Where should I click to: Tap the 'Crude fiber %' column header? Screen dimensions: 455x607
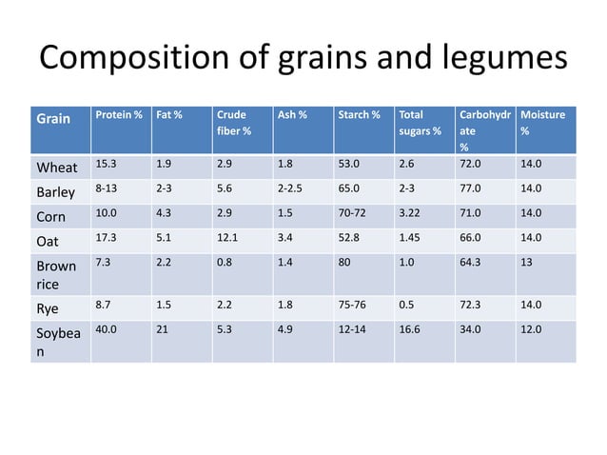[x=234, y=123]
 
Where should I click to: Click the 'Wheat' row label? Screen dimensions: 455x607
[x=57, y=168]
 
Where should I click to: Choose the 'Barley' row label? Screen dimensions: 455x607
[x=56, y=192]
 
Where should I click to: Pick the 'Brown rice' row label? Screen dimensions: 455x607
[x=56, y=274]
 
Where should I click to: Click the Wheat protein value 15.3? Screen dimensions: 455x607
[x=107, y=165]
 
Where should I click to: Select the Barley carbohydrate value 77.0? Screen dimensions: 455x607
[x=470, y=188]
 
